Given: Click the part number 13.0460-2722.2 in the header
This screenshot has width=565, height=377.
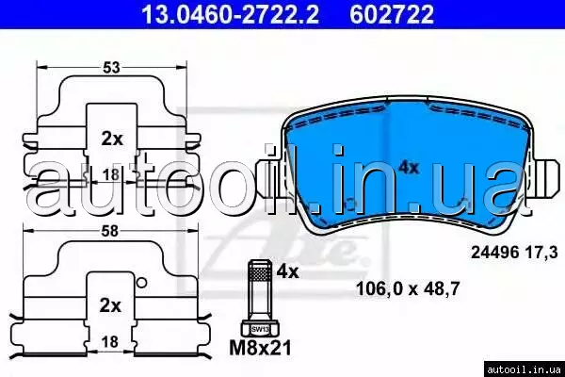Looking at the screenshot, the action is pos(230,14).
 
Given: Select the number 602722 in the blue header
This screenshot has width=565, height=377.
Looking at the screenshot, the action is pos(392,14).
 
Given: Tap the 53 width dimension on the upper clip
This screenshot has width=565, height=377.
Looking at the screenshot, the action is pos(111,68).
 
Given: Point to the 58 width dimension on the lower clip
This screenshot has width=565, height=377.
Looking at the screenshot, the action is pos(109,231).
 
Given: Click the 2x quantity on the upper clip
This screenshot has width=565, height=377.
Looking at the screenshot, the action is pos(112,139).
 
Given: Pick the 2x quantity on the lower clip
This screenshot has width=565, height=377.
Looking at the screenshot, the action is pos(110,306).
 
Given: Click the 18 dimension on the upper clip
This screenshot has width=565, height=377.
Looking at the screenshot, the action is pos(110,174).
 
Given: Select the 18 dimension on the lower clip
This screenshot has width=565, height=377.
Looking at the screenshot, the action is pos(110,341).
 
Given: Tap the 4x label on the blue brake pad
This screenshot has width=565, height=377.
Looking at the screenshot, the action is pos(409,168).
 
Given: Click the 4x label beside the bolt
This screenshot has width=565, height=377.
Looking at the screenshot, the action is pos(287,271).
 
